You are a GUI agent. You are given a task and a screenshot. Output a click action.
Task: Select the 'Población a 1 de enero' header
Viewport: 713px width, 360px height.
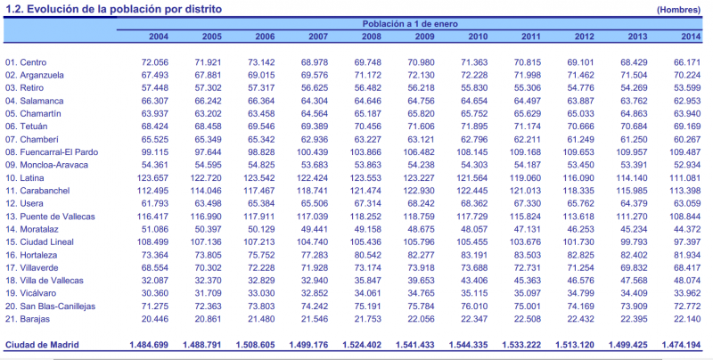click(x=413, y=24)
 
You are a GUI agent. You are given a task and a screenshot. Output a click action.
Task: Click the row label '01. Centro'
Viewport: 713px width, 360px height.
click(x=26, y=62)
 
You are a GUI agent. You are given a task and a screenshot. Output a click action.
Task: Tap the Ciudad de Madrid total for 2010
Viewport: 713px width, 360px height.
click(x=464, y=344)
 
